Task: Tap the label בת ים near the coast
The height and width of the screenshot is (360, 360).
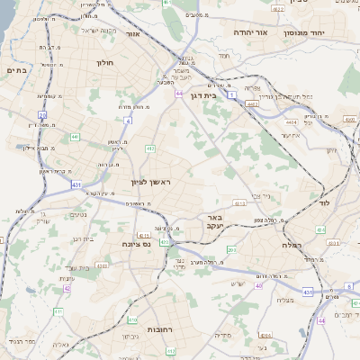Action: coord(17,70)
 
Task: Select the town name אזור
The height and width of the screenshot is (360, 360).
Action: coord(132,33)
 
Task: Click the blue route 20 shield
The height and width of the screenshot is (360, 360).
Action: coord(41,115)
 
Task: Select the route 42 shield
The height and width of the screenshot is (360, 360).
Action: coord(67,289)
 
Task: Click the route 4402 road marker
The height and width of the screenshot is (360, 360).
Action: coord(252,103)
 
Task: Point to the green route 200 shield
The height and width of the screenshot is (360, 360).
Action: coord(231,249)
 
